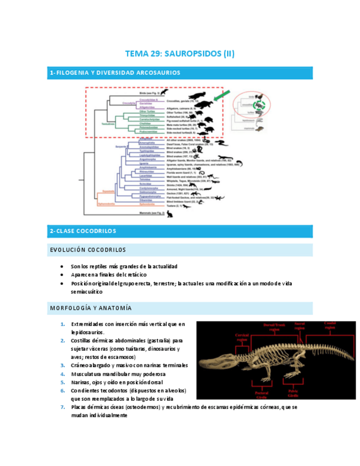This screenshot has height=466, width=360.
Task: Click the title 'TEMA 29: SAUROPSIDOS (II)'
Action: [x=180, y=54]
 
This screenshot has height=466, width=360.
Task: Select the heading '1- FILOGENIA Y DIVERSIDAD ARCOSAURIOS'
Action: [x=115, y=73]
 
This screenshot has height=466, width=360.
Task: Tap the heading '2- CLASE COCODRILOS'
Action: [x=83, y=231]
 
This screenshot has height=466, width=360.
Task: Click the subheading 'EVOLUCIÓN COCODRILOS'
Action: [x=88, y=250]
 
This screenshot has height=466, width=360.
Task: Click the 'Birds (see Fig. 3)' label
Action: [x=146, y=93]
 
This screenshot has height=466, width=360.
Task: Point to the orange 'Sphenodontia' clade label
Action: [x=106, y=204]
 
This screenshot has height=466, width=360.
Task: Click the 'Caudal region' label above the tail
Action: [x=331, y=324]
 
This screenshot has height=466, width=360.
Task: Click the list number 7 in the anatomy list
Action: [x=63, y=407]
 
